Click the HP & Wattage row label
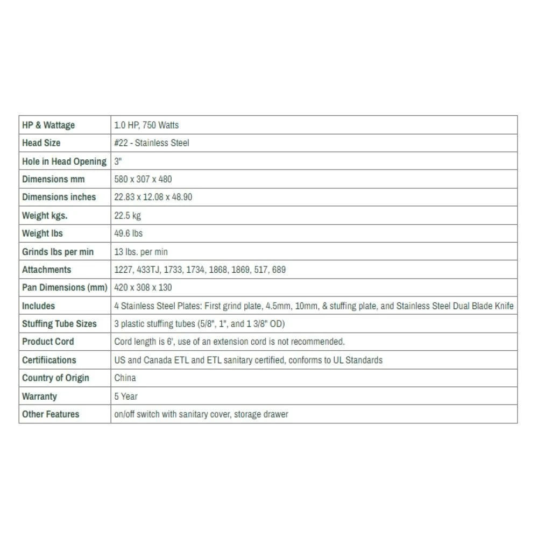coord(48,125)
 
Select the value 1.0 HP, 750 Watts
coord(146,125)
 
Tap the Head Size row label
coord(41,143)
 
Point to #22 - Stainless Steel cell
coord(152,143)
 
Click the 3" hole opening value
coord(118,161)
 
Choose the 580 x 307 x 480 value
coord(143,179)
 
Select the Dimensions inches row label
coord(59,197)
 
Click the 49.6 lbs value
coord(128,233)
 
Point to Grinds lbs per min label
coord(58,252)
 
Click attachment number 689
coord(279,270)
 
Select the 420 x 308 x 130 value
coord(143,288)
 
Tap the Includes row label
coord(38,306)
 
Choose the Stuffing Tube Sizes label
coord(59,324)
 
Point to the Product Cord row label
coord(48,342)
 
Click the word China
coord(125,378)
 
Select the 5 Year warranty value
coord(126,397)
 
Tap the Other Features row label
coord(51,414)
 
